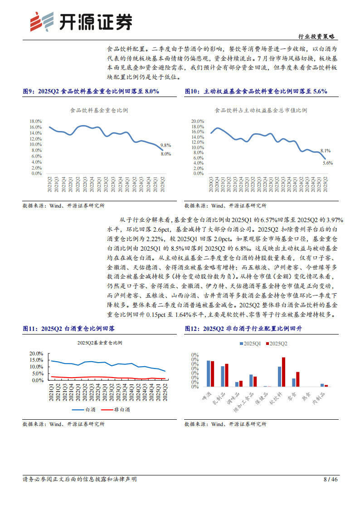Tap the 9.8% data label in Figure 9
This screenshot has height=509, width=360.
[x=165, y=145]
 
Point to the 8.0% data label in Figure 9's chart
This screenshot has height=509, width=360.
[x=165, y=154]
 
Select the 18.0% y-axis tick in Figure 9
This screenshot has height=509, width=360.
[x=36, y=121]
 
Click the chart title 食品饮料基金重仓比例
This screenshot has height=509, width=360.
[x=99, y=110]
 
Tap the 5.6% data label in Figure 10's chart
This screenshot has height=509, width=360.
[x=327, y=163]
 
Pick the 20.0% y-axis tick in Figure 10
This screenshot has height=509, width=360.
[x=198, y=121]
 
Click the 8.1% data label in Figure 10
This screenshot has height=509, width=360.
[x=325, y=150]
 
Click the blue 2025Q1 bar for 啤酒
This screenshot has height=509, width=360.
[x=209, y=373]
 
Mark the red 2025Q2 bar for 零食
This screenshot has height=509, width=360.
[x=297, y=379]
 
